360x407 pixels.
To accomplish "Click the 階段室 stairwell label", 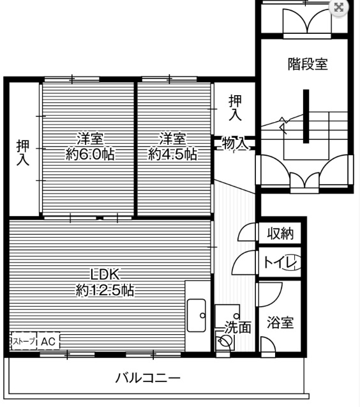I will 307,64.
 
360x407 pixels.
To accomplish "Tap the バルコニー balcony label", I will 147,378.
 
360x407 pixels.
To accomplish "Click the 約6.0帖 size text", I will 91,154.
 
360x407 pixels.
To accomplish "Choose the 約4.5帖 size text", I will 172,154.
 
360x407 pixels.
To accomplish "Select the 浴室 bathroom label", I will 281,322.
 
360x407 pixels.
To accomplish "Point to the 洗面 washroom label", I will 238,327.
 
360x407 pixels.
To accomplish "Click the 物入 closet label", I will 234,144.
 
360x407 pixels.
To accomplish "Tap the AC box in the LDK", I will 49,342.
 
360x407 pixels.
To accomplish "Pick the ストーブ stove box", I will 23,342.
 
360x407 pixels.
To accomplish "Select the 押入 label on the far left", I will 23,152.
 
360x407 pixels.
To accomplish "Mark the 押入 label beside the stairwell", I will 236,107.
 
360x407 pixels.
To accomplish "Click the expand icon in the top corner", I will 339,8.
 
